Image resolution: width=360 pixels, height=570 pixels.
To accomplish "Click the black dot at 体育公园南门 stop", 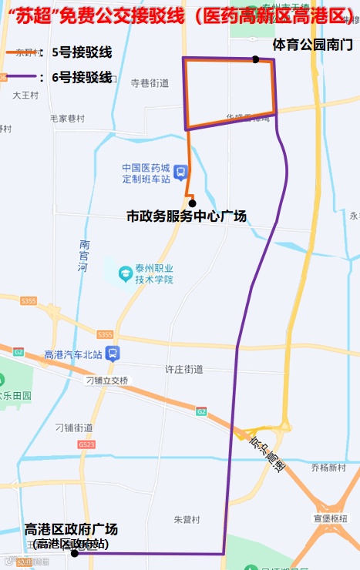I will click(255, 59).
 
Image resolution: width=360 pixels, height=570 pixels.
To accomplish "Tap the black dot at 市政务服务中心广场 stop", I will click(192, 203).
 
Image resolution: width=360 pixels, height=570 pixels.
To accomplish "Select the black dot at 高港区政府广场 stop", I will click(75, 553).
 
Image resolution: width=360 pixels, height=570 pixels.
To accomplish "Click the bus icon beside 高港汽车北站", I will click(113, 354).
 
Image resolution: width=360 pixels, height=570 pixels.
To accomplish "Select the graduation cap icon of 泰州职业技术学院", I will click(125, 273).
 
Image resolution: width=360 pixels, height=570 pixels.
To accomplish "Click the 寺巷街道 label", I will click(149, 82).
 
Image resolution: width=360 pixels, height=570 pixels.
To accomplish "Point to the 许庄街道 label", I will click(184, 369).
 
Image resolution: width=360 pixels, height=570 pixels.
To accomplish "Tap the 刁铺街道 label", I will click(74, 427).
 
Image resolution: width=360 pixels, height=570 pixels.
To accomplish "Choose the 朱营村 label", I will click(187, 519).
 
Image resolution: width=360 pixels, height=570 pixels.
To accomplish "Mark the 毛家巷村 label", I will click(66, 119).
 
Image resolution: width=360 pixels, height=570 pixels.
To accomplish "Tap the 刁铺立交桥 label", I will click(107, 381).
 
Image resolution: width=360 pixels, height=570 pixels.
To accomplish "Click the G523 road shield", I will click(86, 444).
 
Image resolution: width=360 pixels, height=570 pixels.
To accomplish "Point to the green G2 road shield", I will click(201, 412).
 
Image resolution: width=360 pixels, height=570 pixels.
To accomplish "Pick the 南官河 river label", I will click(84, 256).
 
